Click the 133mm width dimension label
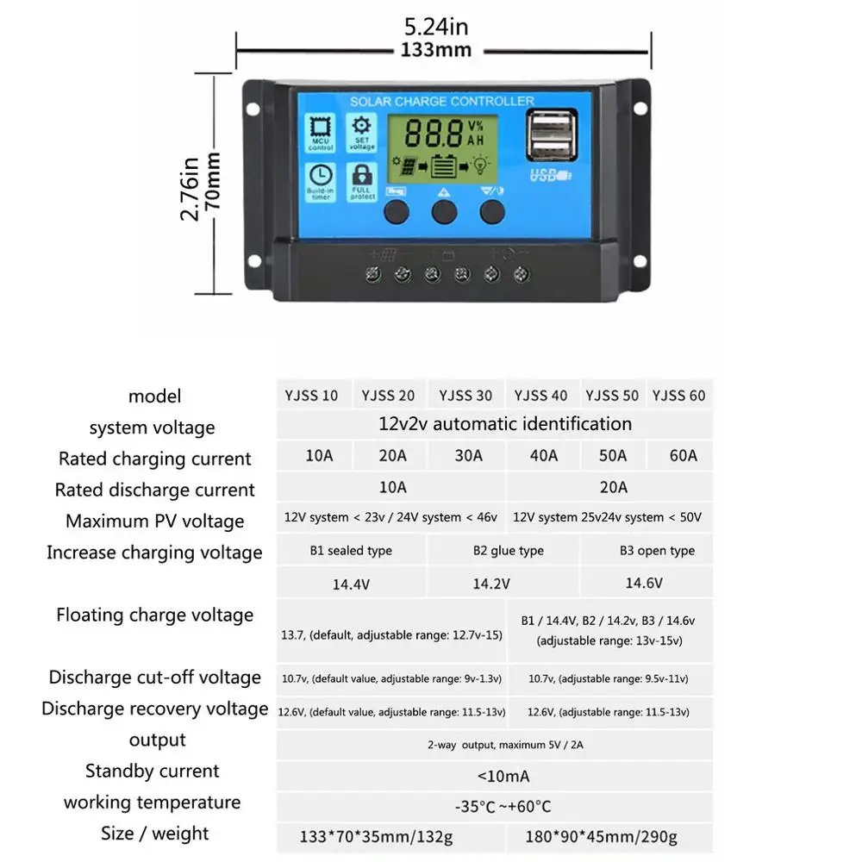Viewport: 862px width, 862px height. click(x=441, y=50)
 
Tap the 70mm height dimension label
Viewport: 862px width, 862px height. click(x=213, y=183)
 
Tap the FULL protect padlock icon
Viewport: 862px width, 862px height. click(x=362, y=180)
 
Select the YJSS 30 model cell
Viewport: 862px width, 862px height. click(x=465, y=396)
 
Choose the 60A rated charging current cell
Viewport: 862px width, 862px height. click(x=683, y=455)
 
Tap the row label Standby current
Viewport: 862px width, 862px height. click(x=153, y=771)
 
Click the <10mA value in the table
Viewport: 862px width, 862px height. click(x=503, y=777)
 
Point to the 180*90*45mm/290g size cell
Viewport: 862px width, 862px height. click(x=603, y=835)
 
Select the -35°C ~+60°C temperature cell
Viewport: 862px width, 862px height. click(x=503, y=807)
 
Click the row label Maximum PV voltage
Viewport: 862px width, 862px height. click(x=155, y=521)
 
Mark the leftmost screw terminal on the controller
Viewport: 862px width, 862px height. click(x=374, y=275)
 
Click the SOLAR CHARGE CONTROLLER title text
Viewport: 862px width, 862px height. click(x=441, y=102)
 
